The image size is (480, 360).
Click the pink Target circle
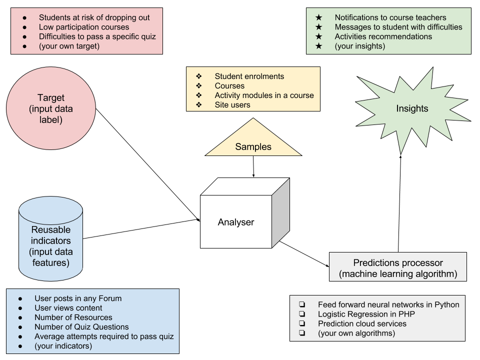tap(50, 108)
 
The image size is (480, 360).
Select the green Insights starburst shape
tap(412, 108)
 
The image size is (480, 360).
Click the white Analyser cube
tap(236, 221)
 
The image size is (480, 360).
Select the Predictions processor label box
tap(398, 267)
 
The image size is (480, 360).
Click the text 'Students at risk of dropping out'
tap(94, 17)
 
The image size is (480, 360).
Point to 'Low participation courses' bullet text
tap(84, 27)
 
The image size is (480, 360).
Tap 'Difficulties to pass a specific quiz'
tap(97, 36)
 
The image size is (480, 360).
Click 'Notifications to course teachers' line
tap(390, 17)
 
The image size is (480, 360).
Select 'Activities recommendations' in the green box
tap(383, 36)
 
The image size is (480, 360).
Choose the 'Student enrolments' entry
tap(249, 76)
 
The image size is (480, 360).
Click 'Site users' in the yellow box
tap(232, 105)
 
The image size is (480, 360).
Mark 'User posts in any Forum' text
tap(78, 298)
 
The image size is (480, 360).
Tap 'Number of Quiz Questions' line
tap(81, 327)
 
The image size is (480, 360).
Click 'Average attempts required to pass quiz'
tap(104, 336)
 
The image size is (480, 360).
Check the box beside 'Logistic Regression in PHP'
tap(302, 314)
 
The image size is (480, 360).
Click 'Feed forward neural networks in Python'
tap(388, 304)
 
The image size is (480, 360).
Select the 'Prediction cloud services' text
tap(362, 323)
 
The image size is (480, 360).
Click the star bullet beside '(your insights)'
tap(319, 46)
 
